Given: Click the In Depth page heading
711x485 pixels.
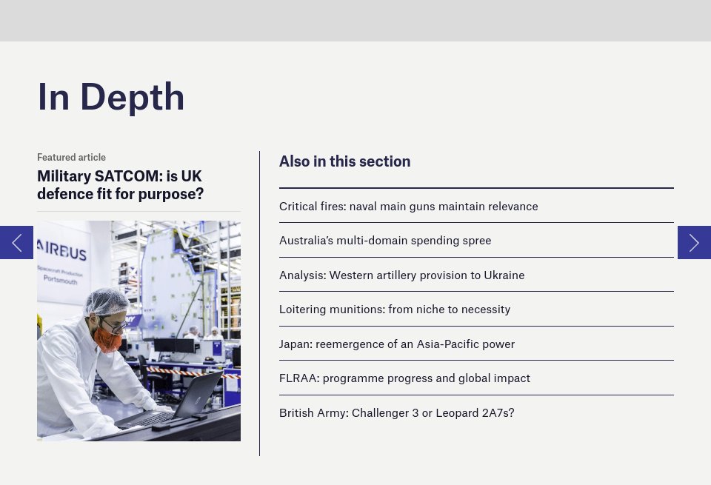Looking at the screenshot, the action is point(110,97).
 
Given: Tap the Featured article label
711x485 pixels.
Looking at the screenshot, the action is point(71,157).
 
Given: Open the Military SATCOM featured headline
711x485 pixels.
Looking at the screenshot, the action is point(120,185).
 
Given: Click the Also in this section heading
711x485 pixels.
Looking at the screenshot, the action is point(344,161).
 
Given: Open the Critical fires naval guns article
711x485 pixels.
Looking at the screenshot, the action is point(409,207).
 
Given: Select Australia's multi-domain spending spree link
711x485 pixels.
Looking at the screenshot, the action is point(385,241).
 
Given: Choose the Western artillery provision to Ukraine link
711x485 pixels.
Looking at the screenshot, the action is point(401,275).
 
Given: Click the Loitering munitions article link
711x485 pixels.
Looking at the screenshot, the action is point(395,309).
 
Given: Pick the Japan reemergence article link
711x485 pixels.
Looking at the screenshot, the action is point(397,344).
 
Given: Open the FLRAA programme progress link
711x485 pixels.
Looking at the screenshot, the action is point(404,378).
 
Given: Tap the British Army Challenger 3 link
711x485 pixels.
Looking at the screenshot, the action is point(397,413).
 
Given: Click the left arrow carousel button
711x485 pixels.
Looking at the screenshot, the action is point(17,243).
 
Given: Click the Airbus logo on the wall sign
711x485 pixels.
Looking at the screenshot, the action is point(61,250).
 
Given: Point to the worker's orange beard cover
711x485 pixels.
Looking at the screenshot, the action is point(107,339).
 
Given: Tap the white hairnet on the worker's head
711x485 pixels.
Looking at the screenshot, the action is point(107,302).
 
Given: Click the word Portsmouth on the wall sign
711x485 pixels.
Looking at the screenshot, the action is point(60,280).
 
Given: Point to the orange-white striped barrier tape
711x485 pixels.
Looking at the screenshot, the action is point(193,372).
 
